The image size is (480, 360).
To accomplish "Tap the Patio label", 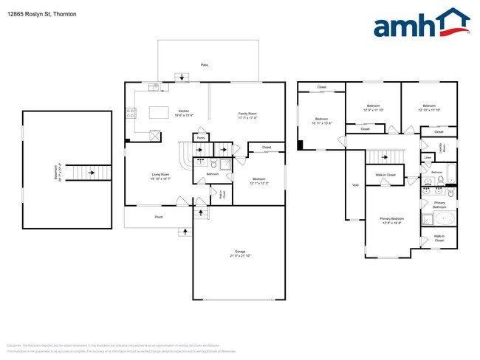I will click(x=205, y=66).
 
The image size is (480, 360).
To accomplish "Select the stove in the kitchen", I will click(x=131, y=114).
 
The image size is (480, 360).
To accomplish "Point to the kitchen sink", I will click(x=154, y=87).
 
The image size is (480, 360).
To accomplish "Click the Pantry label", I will click(x=200, y=137).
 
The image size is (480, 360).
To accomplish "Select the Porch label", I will click(x=159, y=217).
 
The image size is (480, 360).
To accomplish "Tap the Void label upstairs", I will click(x=355, y=184).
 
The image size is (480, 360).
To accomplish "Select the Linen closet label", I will click(x=428, y=158).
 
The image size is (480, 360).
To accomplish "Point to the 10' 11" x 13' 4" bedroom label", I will click(x=321, y=121).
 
